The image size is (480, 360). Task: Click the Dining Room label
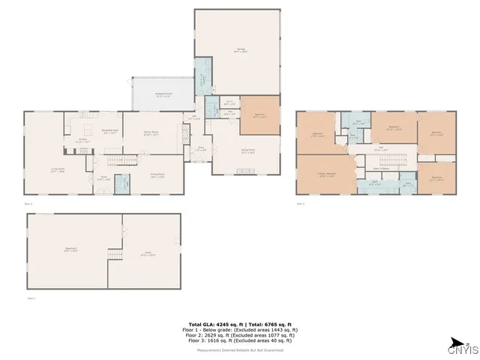[x=157, y=176]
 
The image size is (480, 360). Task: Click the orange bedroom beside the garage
[x=259, y=116]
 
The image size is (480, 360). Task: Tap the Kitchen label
[x=84, y=139]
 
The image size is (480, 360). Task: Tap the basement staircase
[x=115, y=256]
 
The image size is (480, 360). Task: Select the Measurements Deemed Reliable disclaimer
[x=239, y=350]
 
